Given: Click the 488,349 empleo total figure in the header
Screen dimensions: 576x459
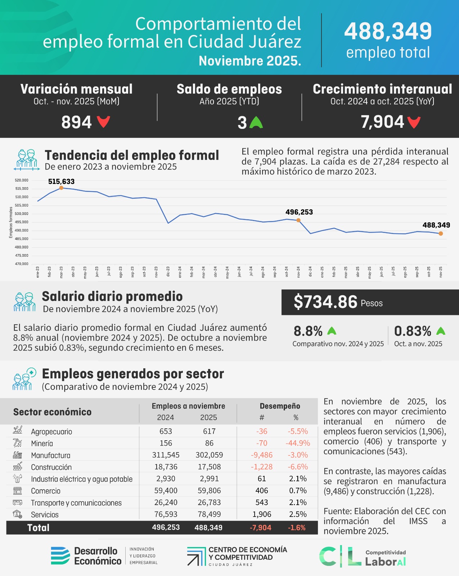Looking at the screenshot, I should (388, 32).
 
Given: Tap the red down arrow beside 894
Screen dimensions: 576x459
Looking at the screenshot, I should (103, 122).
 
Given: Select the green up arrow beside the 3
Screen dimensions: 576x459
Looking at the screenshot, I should (256, 122).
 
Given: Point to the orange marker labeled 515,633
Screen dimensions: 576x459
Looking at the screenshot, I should (61, 188).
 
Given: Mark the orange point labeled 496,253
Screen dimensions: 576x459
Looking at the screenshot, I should (298, 220).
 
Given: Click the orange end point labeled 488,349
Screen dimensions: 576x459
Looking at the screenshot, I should (441, 233).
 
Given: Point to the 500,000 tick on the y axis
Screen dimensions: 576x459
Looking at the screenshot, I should (22, 214).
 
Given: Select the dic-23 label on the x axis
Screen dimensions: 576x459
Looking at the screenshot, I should (168, 271).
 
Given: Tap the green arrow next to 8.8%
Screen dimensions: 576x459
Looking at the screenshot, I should (332, 331).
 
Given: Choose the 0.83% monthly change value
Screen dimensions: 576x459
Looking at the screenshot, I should (413, 331).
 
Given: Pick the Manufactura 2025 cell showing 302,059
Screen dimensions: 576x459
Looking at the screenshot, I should (209, 455).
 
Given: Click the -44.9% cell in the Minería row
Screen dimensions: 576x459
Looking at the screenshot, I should (298, 443).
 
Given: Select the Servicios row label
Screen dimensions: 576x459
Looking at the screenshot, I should (45, 514).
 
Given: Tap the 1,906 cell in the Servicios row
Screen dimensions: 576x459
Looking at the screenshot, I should (262, 514).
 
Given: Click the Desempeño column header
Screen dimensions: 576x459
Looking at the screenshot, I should (280, 406).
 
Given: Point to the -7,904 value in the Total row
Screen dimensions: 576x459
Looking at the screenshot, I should (260, 528).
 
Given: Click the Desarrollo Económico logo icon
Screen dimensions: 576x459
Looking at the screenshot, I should (60, 555).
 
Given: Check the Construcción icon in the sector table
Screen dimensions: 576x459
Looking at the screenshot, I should (17, 467).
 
